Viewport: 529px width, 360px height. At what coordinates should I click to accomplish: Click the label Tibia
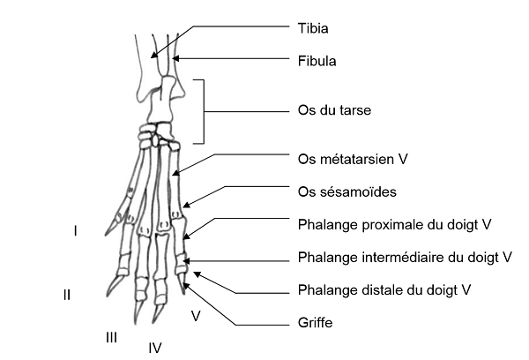point(314,29)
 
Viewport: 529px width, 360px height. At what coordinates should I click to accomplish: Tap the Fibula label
point(317,63)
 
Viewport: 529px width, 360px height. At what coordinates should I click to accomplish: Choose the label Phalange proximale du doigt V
point(394,225)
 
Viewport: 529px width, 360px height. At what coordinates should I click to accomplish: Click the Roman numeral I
point(76,231)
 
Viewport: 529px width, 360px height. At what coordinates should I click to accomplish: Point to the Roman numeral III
point(111,336)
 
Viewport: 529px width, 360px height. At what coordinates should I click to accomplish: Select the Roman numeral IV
point(155,347)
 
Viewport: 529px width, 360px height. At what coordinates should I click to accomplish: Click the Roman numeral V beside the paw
point(196,314)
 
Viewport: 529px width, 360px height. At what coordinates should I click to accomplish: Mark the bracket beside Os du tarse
point(205,111)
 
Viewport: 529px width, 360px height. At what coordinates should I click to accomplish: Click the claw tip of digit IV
point(153,320)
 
